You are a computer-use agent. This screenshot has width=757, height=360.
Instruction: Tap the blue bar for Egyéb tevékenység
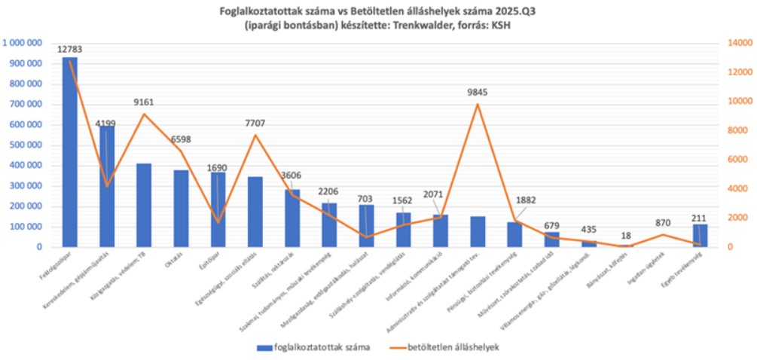701,236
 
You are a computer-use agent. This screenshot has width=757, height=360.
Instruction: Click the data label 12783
69,50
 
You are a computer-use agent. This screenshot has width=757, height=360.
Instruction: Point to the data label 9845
478,93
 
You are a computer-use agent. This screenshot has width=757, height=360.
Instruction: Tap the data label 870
663,223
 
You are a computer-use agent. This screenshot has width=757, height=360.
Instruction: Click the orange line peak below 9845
478,104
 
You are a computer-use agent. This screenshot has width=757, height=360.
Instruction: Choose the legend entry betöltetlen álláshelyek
452,347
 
